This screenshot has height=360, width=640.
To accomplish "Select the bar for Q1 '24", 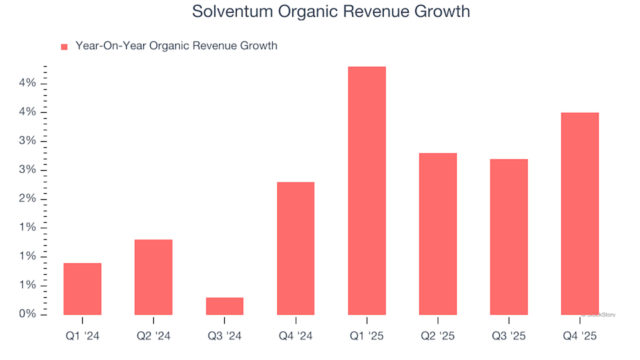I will pos(83,289).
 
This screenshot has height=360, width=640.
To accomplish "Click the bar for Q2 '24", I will pos(153,277).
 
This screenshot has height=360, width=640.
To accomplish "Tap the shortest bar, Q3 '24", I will pos(225,306).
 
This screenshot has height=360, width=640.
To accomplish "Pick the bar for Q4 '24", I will pos(295,248).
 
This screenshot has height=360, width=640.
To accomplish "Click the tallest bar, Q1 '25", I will pos(367,191).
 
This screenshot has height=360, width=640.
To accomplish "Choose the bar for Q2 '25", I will pos(438,234).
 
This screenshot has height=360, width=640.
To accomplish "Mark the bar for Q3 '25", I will pos(509,237).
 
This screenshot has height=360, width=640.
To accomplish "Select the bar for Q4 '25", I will pos(580,213).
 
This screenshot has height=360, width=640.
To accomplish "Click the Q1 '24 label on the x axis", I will pos(83,337).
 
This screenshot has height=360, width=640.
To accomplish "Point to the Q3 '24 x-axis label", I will pos(225,337).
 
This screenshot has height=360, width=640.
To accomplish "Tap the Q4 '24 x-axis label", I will pos(295,337).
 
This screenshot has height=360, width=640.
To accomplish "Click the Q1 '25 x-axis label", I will pos(367,337).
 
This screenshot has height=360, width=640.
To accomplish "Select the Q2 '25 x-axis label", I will pos(438,337).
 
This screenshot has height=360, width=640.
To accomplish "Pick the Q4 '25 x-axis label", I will pos(580,337).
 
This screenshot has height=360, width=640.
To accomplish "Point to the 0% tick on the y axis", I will pos(28,314).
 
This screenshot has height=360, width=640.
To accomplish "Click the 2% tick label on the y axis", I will pos(28,199).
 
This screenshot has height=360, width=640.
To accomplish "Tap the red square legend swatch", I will pos(65,47).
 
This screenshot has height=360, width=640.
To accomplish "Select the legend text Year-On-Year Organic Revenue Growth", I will pos(176,46).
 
